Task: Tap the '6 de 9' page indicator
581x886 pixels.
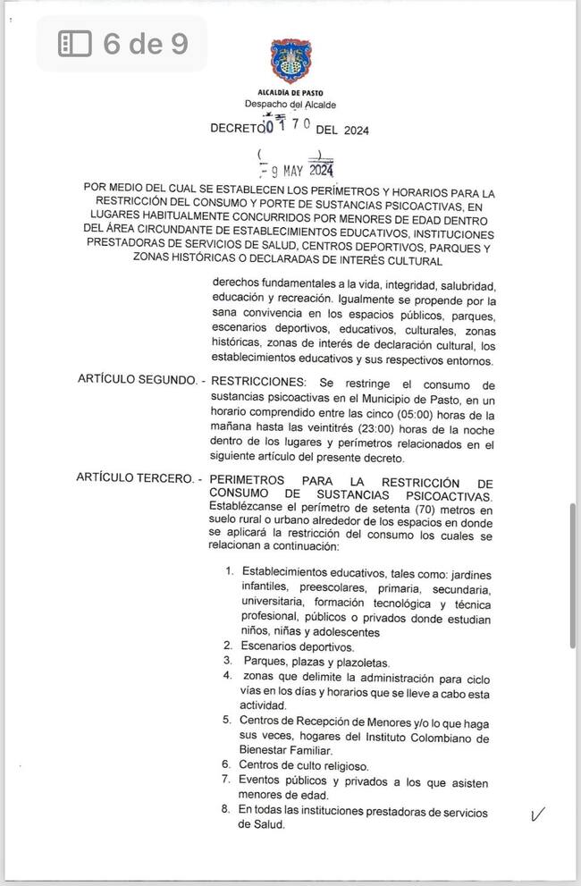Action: point(145,43)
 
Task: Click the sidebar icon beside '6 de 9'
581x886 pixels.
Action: point(75,43)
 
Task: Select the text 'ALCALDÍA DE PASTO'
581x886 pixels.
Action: point(290,93)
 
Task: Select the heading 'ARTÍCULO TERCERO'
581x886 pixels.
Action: point(134,479)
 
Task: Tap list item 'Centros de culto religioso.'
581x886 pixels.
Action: point(303,764)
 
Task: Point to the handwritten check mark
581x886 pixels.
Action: point(538,814)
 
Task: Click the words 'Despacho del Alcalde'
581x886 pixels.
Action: point(290,105)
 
